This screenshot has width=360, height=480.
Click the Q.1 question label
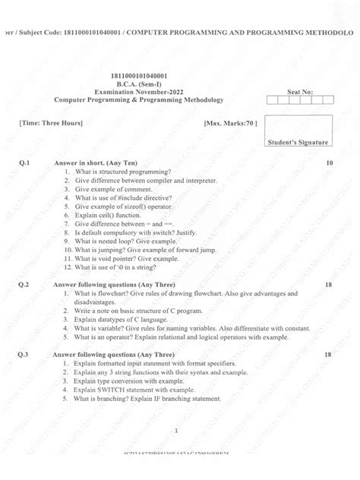point(24,163)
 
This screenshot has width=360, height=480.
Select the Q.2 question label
point(24,284)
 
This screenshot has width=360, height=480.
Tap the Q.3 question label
point(24,355)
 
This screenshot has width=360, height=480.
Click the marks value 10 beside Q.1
point(328,163)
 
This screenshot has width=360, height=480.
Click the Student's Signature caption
point(297,142)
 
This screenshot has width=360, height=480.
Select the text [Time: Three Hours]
point(51,122)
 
